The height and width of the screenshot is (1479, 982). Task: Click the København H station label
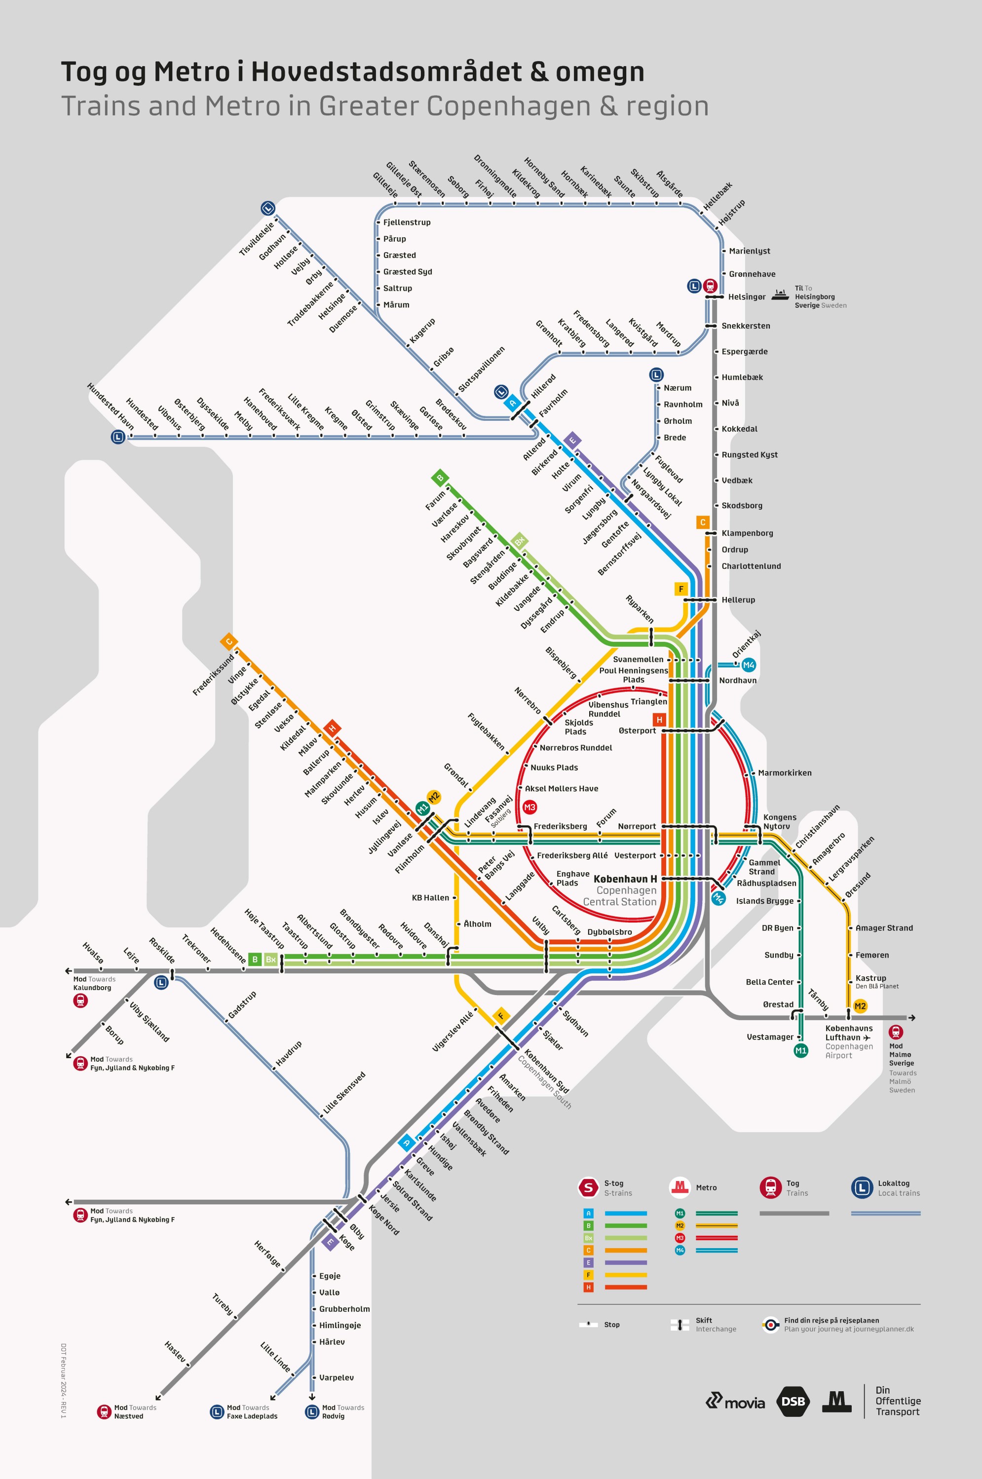click(x=625, y=879)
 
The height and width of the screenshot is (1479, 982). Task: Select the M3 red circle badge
click(x=530, y=807)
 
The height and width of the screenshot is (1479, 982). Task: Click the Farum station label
click(x=435, y=500)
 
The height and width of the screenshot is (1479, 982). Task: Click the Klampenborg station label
click(x=747, y=533)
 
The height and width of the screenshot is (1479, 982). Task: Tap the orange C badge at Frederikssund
click(x=228, y=641)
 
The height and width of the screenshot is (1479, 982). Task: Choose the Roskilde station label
click(x=161, y=950)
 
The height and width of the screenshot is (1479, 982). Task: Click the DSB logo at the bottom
click(x=793, y=1402)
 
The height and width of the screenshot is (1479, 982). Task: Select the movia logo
click(x=735, y=1402)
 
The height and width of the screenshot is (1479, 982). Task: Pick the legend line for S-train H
click(x=626, y=1287)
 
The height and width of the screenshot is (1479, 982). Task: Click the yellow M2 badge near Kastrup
click(x=860, y=1005)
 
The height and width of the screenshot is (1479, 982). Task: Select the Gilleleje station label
click(x=385, y=185)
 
